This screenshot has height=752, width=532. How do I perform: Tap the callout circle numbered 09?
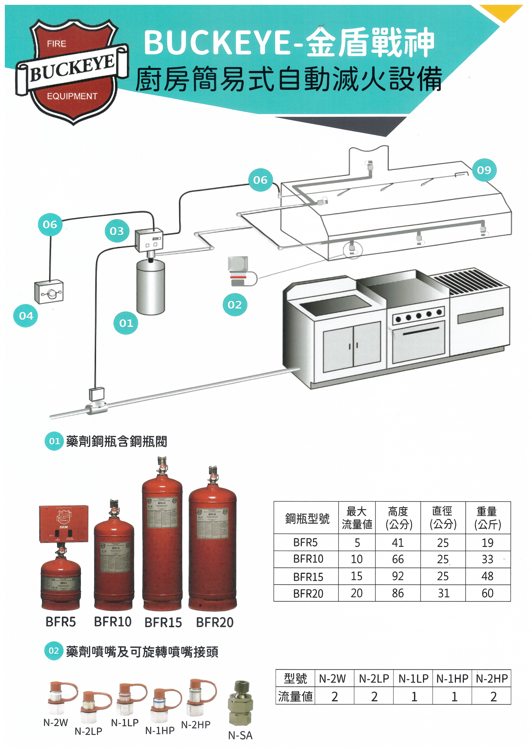484,170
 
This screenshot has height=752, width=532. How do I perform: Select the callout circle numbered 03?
117,231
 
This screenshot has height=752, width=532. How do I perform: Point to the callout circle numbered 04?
26,316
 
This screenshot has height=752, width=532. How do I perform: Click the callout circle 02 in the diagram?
235,305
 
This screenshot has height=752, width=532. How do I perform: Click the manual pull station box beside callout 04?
49,292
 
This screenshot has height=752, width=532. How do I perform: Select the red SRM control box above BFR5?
64,524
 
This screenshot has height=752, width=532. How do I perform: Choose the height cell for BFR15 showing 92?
398,576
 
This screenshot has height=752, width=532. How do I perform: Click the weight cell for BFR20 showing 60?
488,593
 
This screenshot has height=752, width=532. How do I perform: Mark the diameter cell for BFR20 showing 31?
443,593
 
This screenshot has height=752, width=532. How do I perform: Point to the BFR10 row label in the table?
308,559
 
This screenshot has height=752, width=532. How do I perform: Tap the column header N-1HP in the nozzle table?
452,679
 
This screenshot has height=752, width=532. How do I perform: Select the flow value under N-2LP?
374,697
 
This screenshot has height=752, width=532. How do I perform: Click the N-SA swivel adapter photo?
240,703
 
